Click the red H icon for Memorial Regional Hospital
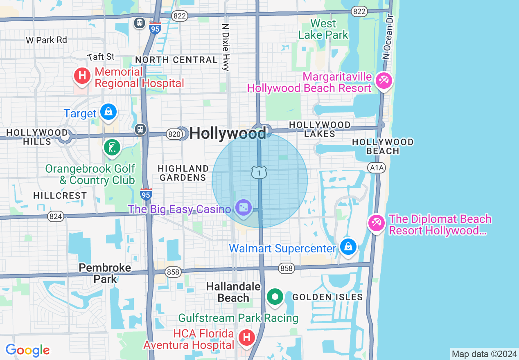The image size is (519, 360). point(82,76)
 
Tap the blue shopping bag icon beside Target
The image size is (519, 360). point(108,112)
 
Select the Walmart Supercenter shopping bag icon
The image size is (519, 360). point(348,247)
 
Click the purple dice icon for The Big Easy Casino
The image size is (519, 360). point(244,207)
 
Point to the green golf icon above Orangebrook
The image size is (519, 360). point(112,147)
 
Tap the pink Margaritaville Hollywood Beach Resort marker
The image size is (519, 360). point(384,80)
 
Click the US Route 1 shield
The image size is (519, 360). point(259,172)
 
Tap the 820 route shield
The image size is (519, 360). point(174,134)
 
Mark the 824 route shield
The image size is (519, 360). point(55,216)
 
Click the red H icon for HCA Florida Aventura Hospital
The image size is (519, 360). point(247,337)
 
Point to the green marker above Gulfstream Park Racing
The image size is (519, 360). point(275,297)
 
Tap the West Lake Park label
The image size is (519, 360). point(323,29)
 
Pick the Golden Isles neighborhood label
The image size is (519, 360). point(327,297)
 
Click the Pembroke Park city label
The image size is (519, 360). point(105,273)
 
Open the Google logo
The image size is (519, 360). point(27,350)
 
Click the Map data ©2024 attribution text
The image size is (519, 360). point(484,354)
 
